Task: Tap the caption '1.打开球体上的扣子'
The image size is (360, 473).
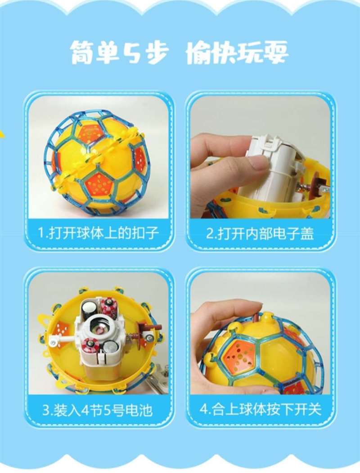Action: coord(98,233)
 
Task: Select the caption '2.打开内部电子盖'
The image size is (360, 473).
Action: coord(260,233)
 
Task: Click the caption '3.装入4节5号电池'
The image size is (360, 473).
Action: coord(98,410)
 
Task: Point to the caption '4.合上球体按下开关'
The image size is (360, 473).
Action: coord(260,409)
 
